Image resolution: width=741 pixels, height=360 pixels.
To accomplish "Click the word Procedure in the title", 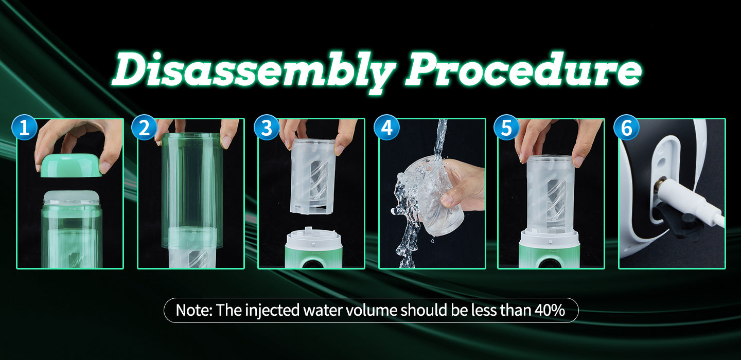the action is coord(523,69).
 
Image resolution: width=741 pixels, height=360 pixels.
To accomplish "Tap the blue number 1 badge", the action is coord(24,127).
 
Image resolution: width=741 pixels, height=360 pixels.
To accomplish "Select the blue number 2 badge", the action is coord(144,127).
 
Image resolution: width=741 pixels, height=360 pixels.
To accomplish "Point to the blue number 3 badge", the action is coord(267,127).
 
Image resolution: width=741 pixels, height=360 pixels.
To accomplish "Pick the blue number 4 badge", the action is coord(387,127).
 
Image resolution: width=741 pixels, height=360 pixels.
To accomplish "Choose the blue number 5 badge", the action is coord(506,127).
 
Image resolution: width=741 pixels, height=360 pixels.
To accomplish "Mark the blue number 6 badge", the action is coord(627,127).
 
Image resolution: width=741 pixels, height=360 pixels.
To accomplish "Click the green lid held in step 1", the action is coord(71,166).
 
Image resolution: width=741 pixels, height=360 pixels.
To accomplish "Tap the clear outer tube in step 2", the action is coord(191,191).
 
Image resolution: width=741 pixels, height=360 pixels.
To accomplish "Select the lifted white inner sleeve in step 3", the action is coord(313,176).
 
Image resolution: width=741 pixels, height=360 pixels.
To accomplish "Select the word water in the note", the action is coord(322,311).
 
